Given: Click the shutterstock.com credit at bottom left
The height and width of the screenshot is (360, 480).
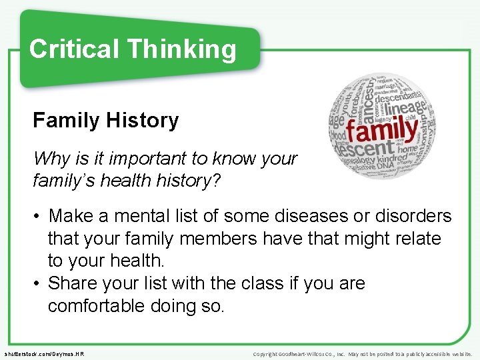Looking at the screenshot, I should pyautogui.click(x=43, y=354).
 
